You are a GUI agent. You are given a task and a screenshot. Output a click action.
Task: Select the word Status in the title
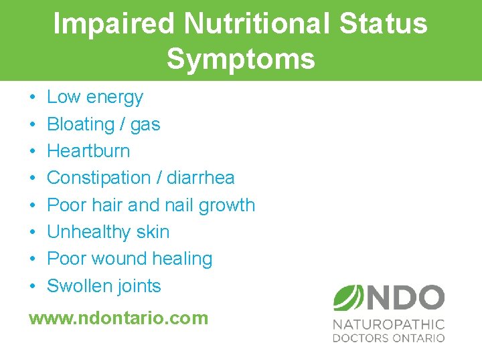click(x=384, y=24)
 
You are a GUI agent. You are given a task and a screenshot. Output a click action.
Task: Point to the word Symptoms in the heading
click(x=241, y=59)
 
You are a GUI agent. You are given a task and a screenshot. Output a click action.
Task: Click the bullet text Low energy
click(x=94, y=98)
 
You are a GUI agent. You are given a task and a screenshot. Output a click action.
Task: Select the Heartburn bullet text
click(x=88, y=151)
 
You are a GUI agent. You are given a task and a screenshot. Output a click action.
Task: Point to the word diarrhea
click(x=200, y=178)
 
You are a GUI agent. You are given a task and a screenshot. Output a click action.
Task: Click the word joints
click(x=139, y=286)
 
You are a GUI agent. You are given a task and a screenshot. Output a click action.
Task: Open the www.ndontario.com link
click(x=118, y=318)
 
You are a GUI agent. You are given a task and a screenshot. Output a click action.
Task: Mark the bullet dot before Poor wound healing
click(x=32, y=259)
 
